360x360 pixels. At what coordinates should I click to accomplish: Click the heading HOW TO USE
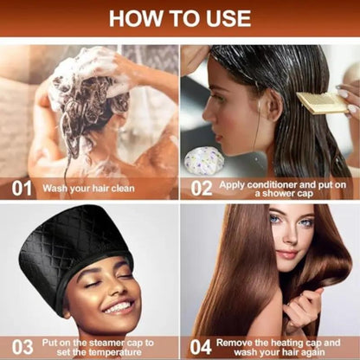tap(180, 18)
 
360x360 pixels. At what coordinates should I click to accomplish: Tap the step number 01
tap(22, 189)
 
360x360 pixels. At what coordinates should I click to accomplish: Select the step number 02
tap(202, 189)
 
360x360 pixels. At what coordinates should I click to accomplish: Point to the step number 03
tap(22, 347)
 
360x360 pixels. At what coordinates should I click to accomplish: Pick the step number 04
tap(201, 347)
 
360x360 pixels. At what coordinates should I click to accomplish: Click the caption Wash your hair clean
tap(88, 189)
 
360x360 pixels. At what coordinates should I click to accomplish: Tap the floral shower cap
tap(204, 161)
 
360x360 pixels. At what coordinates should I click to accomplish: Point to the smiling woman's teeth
tap(119, 307)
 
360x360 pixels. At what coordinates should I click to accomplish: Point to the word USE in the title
tap(228, 18)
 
